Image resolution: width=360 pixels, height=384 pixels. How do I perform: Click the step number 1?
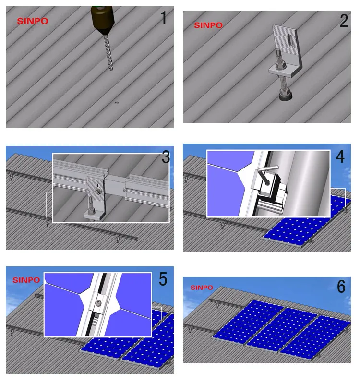[164, 18]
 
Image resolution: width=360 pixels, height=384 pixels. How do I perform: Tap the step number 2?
[344, 21]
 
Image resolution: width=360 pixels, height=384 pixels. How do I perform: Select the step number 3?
[166, 157]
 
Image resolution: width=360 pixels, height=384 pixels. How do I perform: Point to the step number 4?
[340, 156]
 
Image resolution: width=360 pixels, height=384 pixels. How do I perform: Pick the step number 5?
[163, 279]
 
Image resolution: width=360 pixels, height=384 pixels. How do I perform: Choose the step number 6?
[341, 287]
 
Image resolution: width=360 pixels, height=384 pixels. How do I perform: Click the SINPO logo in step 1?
[33, 21]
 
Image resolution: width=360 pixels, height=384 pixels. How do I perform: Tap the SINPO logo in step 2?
[208, 25]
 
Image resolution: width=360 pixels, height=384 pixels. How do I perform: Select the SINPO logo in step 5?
[26, 280]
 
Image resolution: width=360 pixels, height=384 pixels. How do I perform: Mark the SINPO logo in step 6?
[202, 288]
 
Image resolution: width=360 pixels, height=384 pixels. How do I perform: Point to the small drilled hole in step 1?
[117, 103]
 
